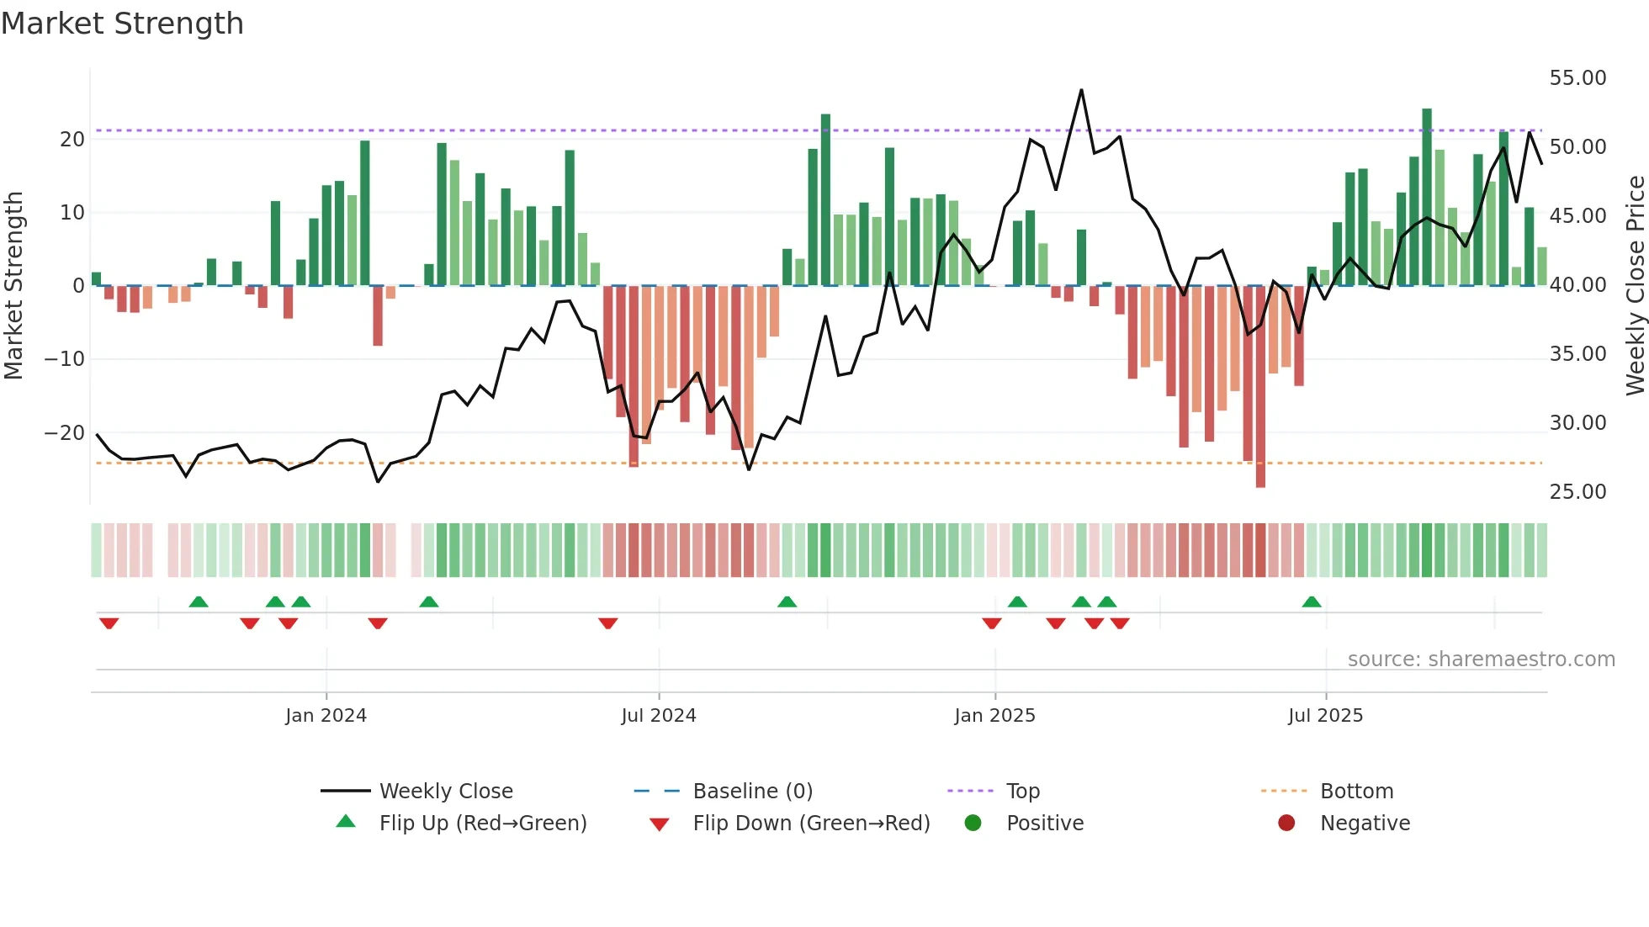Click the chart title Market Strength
(122, 24)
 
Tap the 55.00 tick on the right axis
(1577, 78)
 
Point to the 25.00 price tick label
(1577, 492)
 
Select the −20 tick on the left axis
(64, 433)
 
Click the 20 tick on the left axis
(72, 140)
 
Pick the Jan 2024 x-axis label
(326, 716)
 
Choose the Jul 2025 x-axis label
(1325, 716)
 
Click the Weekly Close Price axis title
(1635, 286)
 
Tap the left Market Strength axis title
(13, 286)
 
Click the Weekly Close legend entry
(445, 792)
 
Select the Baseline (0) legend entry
(752, 792)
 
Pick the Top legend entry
(1022, 792)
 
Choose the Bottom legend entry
(1356, 792)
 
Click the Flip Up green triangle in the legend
(346, 822)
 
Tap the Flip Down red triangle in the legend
(660, 824)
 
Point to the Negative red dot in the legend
(1286, 823)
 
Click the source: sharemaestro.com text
(1481, 659)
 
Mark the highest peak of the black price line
(1081, 90)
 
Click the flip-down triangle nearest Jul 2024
(608, 623)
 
